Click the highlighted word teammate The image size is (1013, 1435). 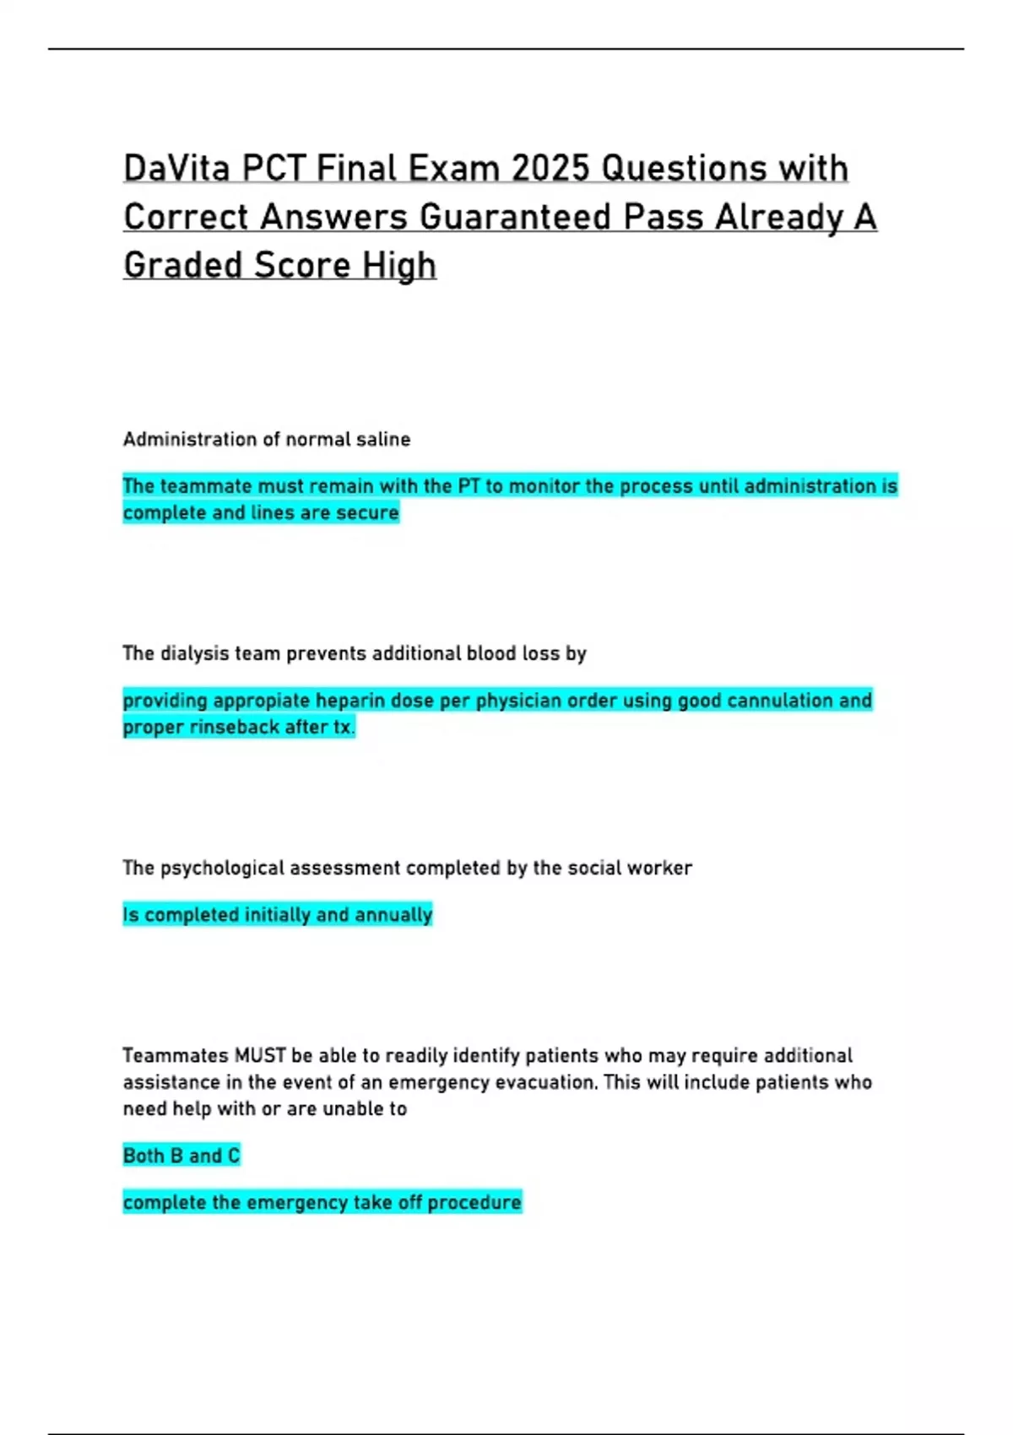pos(205,486)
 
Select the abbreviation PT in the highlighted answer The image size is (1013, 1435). pos(469,486)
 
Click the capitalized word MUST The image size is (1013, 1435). pos(261,1055)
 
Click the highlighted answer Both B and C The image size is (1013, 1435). pos(181,1156)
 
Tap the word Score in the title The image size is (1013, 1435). pos(302,266)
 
